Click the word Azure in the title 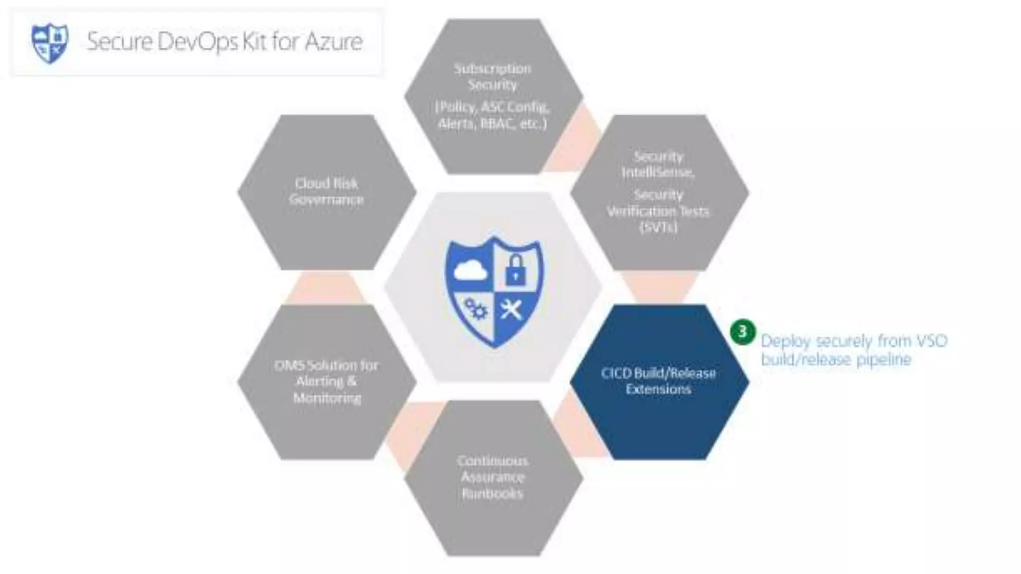click(334, 41)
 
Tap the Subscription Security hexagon click(493, 96)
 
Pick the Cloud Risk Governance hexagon click(327, 192)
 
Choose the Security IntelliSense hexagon click(659, 192)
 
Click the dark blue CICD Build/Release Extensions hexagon click(659, 382)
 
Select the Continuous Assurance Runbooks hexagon click(493, 477)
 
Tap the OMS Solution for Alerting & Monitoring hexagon click(327, 382)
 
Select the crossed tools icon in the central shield click(511, 309)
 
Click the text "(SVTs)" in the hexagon click(659, 228)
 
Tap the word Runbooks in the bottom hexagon click(493, 494)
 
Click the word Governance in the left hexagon click(327, 200)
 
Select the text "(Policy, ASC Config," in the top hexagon click(493, 107)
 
